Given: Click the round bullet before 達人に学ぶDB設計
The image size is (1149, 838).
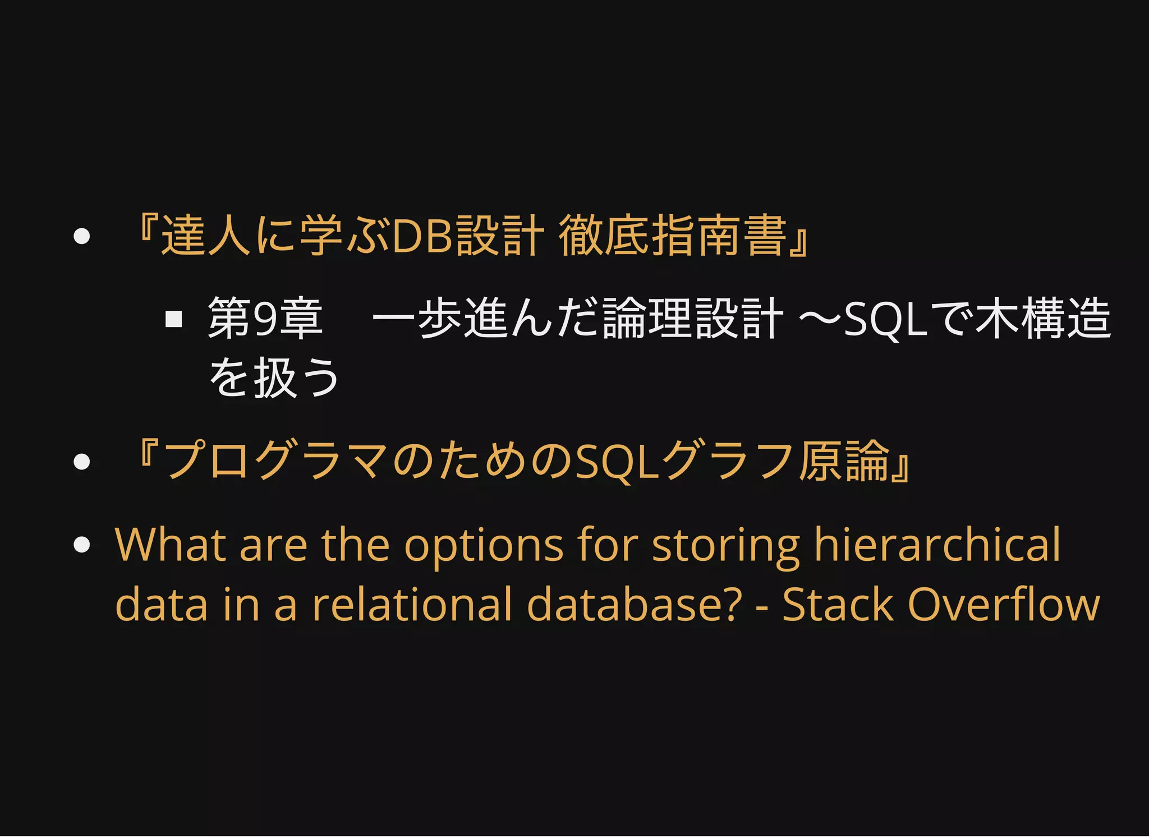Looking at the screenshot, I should (82, 236).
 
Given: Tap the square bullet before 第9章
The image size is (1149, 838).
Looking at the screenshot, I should (174, 319).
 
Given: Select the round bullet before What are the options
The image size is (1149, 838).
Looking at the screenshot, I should (82, 544).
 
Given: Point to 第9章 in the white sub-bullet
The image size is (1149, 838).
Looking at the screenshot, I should (265, 319).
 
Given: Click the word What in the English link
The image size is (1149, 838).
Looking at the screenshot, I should (169, 544).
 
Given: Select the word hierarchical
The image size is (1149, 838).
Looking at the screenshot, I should (937, 544).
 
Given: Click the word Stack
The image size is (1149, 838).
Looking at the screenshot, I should (837, 605).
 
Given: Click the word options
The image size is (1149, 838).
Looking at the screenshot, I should (484, 545).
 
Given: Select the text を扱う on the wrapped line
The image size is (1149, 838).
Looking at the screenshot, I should (274, 377).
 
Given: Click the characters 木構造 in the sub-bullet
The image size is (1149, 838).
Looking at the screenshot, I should (1042, 319).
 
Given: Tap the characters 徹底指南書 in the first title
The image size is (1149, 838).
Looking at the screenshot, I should (673, 236).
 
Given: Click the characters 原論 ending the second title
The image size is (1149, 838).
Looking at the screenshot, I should (844, 462).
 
